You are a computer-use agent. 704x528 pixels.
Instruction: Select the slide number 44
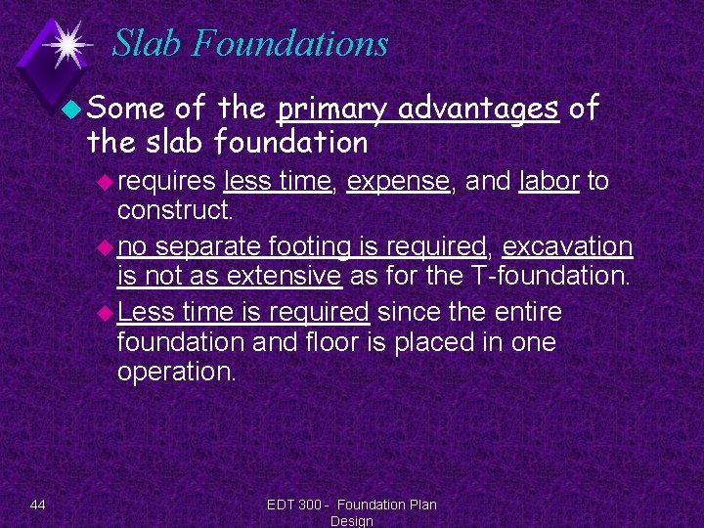tap(38, 505)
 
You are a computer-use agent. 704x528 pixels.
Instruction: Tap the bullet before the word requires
tap(107, 182)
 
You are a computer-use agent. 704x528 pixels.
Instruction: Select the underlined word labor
tap(549, 181)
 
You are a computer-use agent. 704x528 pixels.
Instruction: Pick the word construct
tap(174, 209)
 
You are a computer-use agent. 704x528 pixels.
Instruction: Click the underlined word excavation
tap(568, 246)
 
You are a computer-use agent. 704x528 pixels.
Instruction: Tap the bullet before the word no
tap(107, 247)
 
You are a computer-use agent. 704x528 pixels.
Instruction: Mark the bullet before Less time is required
tap(107, 313)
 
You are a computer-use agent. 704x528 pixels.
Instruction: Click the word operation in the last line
tap(175, 372)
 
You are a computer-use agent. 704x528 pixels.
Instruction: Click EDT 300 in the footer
tap(292, 505)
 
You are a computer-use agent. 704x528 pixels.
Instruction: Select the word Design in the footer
tap(351, 521)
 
